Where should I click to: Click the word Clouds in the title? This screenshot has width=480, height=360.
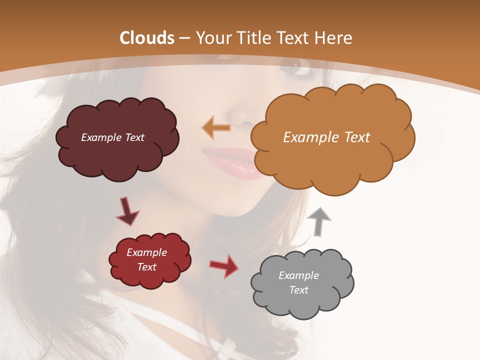(x=147, y=38)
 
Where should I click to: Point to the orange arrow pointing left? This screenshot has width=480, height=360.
(x=216, y=127)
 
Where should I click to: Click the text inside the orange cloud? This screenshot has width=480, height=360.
(x=326, y=137)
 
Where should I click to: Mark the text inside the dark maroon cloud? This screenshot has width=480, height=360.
(x=112, y=137)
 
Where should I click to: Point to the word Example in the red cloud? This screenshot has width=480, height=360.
(x=146, y=252)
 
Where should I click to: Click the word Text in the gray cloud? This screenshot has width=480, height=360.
(x=298, y=290)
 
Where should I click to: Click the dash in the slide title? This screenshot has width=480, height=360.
(x=184, y=38)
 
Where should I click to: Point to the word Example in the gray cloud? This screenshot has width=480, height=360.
(x=298, y=275)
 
